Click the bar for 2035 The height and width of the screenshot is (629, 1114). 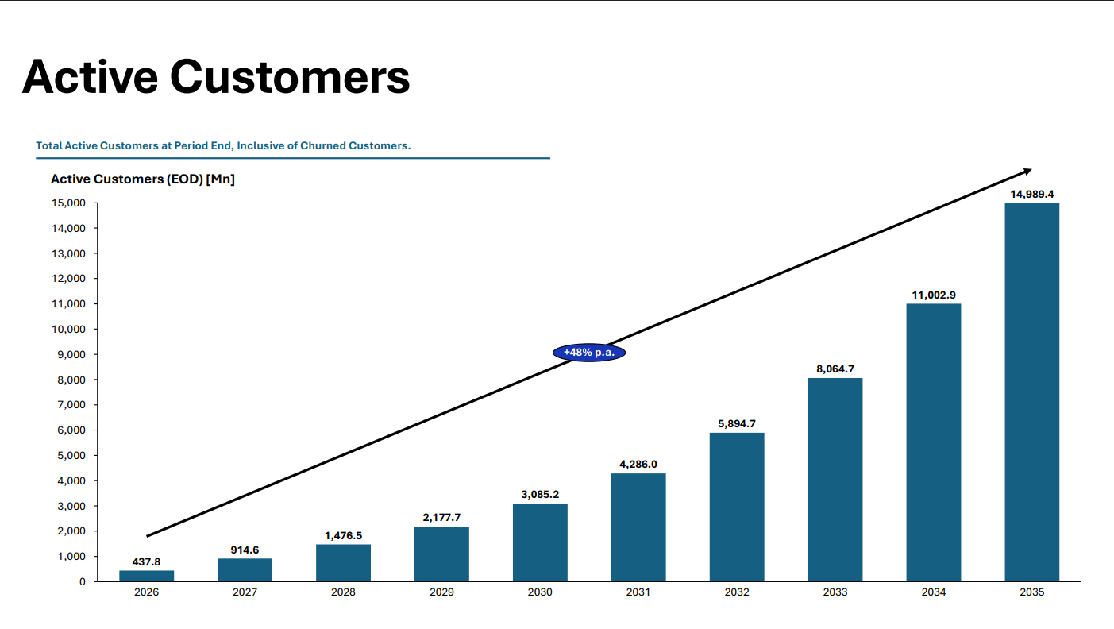pos(1032,392)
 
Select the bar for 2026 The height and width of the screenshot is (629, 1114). pos(147,576)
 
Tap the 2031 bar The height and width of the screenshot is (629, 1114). pos(638,527)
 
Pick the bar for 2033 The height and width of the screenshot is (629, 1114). pos(835,480)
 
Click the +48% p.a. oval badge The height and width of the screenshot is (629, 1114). pos(589,353)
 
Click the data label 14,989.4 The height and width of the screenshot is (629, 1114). pos(1032,194)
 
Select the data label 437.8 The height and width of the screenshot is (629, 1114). pos(146,561)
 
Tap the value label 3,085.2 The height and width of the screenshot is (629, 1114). pos(540,494)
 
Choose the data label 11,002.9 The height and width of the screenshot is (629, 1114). pos(934,295)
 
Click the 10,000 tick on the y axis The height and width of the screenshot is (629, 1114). pos(68,330)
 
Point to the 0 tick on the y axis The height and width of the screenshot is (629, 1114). pos(82,581)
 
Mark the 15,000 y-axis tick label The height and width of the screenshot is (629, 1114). pos(68,203)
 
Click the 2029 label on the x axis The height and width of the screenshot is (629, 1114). pos(441,592)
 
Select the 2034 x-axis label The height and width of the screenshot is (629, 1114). pos(934,592)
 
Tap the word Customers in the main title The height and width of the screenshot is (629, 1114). pos(290,77)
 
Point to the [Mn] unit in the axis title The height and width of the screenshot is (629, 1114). pos(220,179)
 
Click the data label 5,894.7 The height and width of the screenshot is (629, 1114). pos(737,423)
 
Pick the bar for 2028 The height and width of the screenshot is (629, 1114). pos(343,563)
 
